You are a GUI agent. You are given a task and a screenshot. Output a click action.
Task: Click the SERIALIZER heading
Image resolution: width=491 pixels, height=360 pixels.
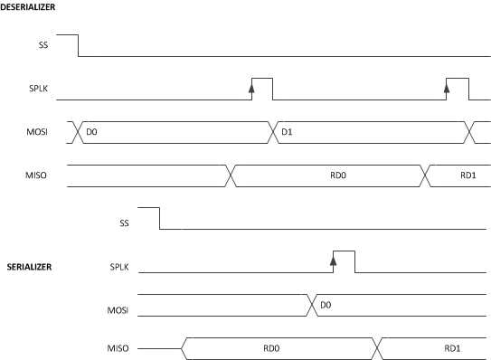(31, 267)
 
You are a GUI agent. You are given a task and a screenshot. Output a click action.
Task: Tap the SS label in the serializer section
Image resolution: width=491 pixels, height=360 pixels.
(125, 222)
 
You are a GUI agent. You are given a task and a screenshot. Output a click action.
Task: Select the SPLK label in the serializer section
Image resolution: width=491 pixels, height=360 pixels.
(120, 267)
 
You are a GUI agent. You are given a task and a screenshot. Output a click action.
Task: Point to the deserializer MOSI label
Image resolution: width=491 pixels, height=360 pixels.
(38, 132)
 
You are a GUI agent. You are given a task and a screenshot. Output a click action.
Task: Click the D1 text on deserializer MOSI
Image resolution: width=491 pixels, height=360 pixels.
(287, 132)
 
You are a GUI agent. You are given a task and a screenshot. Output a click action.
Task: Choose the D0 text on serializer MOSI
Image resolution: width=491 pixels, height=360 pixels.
(326, 306)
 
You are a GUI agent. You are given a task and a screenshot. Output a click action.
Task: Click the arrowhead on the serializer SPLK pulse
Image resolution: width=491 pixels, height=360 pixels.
(333, 261)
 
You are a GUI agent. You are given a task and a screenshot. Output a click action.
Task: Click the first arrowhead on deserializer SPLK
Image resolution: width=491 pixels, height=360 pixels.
(252, 88)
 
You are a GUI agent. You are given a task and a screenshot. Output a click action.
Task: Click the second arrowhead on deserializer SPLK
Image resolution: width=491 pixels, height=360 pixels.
(447, 88)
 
